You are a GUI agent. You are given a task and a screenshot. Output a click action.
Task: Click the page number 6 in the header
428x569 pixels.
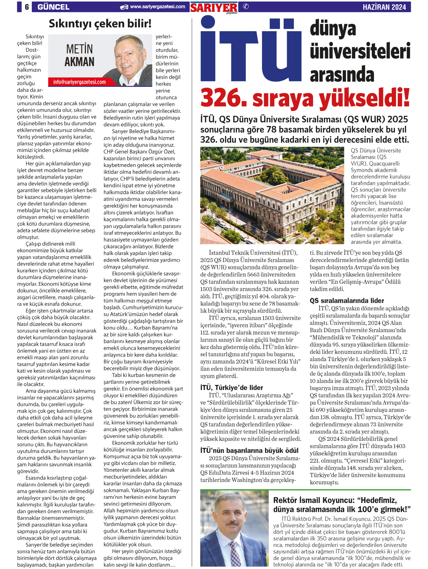click(27, 7)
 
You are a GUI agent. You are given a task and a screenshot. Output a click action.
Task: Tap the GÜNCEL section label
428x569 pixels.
click(53, 7)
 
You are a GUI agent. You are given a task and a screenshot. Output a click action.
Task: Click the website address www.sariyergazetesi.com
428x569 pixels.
click(157, 7)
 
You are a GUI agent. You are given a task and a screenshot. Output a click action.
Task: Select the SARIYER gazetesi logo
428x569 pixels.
click(214, 8)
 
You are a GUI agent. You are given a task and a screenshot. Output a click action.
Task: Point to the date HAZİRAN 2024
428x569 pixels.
click(384, 7)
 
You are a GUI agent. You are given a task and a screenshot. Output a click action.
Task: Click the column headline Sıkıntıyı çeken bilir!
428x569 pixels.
click(100, 24)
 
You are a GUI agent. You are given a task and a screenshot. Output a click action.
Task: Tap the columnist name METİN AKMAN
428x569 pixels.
click(79, 55)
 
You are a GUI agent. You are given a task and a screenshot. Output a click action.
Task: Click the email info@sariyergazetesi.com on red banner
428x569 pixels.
click(79, 82)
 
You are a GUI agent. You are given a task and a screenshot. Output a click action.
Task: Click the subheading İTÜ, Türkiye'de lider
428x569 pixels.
click(232, 388)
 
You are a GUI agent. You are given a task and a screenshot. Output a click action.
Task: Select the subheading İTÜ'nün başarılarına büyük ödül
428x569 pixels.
click(249, 450)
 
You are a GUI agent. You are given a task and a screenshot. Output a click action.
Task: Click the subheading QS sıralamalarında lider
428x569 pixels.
click(347, 301)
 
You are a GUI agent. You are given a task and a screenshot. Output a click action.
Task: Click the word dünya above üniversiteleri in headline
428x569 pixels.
click(333, 29)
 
